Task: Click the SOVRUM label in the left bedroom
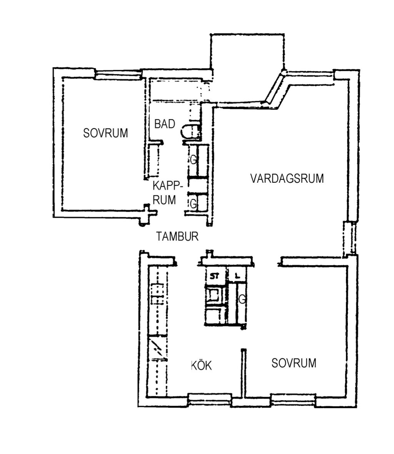click(x=105, y=133)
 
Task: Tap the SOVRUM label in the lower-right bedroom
click(x=294, y=363)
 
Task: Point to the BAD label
click(x=165, y=124)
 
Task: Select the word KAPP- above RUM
click(x=168, y=185)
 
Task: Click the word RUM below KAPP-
click(x=164, y=200)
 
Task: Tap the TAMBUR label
click(x=177, y=237)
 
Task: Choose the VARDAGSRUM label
click(x=287, y=179)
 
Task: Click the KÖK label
click(x=202, y=365)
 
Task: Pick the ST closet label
click(x=215, y=276)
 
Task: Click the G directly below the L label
click(x=242, y=299)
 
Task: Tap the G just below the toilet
click(x=194, y=159)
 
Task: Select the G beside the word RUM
click(x=194, y=204)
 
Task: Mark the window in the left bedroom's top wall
click(x=118, y=74)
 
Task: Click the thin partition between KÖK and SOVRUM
click(x=244, y=373)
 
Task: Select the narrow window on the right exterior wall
click(x=349, y=239)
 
